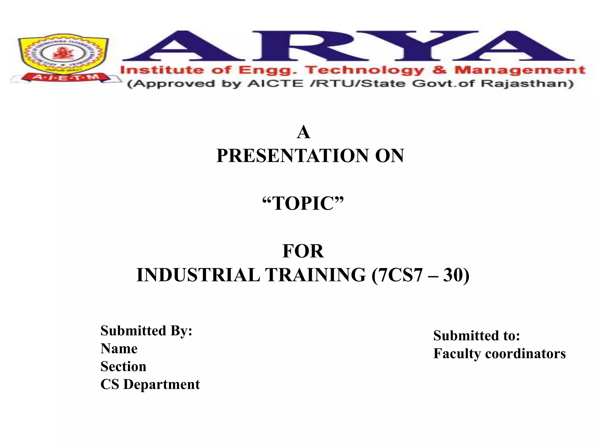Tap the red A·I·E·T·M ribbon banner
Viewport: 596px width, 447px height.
[x=65, y=77]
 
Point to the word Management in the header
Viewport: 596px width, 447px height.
[x=520, y=70]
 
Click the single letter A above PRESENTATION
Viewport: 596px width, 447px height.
[x=303, y=132]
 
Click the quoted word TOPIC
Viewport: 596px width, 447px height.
[x=303, y=203]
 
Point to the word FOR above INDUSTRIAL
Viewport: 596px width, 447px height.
[x=303, y=251]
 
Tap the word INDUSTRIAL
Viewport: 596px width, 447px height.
[x=198, y=275]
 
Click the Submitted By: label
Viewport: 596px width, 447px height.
[x=146, y=331]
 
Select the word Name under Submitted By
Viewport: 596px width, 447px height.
[x=119, y=349]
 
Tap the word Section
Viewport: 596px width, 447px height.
[x=123, y=366]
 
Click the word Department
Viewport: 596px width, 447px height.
[x=162, y=384]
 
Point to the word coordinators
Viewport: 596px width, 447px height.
[x=525, y=354]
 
